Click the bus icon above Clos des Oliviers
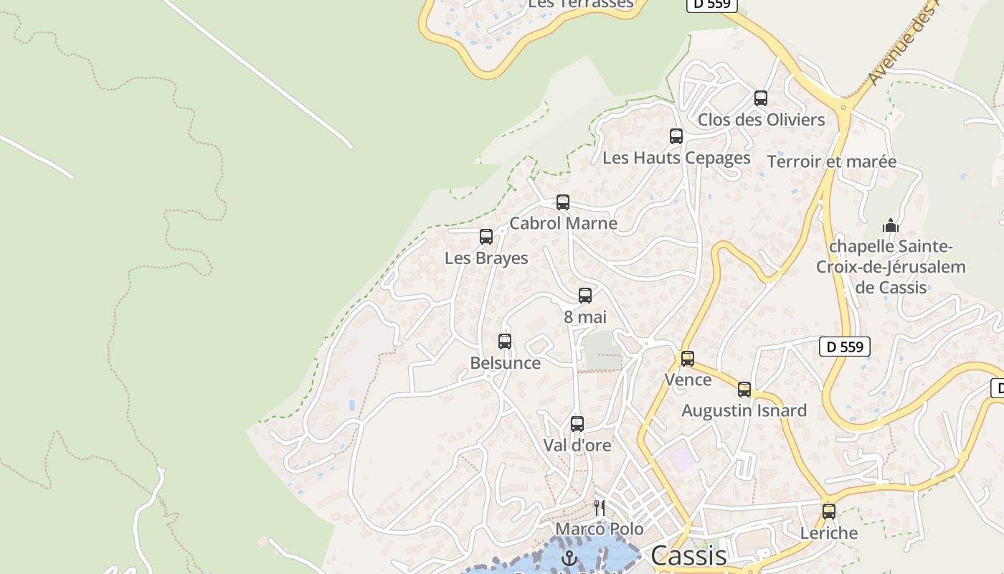[761, 98]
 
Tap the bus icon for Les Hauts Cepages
[676, 136]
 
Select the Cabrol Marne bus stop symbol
[563, 202]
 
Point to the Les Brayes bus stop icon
[486, 237]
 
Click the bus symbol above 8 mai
[585, 296]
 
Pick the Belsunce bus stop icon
[505, 342]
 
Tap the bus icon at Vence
[688, 358]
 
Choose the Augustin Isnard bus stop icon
[744, 390]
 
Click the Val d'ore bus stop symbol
[577, 424]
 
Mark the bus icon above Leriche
[829, 512]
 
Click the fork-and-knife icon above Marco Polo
[600, 508]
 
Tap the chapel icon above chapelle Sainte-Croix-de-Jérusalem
[891, 225]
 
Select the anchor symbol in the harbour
[569, 558]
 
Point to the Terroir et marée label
[832, 161]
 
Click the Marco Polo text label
[600, 529]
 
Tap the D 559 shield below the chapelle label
[845, 347]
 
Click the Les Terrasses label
[581, 4]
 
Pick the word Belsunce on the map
[505, 363]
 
